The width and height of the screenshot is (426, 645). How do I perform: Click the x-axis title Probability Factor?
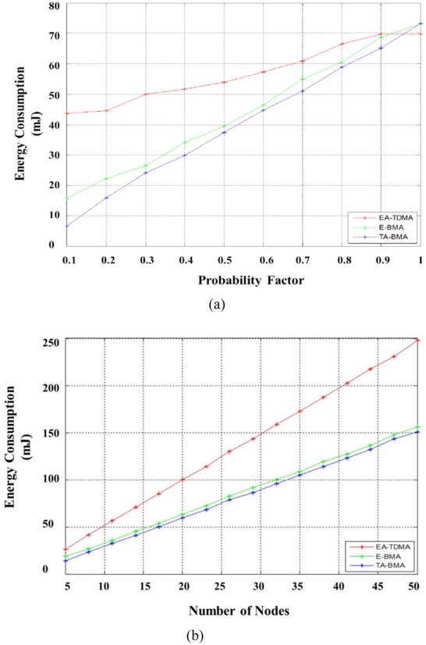(x=243, y=278)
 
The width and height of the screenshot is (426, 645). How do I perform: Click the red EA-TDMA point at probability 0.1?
(x=66, y=113)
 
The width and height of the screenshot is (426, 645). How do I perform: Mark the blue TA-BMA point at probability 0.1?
(x=66, y=226)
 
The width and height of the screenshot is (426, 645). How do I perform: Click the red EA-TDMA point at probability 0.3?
(x=145, y=94)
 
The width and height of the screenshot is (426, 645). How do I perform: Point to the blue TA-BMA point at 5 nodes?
(x=66, y=561)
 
